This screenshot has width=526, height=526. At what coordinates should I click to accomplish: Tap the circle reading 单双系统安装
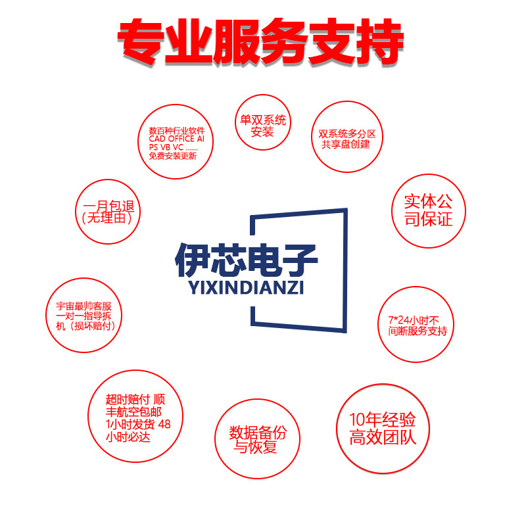pyautogui.click(x=262, y=126)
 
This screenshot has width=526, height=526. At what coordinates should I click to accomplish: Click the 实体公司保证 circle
pyautogui.click(x=428, y=210)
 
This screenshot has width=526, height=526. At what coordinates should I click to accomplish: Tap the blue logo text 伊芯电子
pyautogui.click(x=247, y=261)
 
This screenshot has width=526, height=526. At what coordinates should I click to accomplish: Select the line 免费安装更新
pyautogui.click(x=176, y=156)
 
